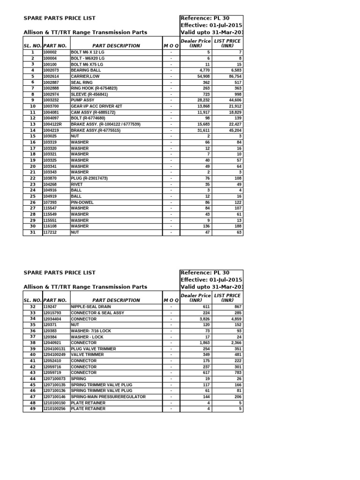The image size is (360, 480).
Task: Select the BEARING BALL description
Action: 86,70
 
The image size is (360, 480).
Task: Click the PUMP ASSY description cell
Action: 82,100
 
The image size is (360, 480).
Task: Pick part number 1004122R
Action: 53,124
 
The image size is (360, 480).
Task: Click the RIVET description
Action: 76,184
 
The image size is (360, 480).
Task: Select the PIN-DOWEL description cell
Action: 82,202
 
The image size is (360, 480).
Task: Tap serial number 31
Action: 33,232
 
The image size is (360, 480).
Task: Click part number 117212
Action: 50,232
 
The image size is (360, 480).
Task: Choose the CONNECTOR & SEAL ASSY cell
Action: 97,313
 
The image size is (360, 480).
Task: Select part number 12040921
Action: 53,343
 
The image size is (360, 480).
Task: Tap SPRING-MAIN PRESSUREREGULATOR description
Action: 108,397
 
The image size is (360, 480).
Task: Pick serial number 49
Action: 33,409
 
